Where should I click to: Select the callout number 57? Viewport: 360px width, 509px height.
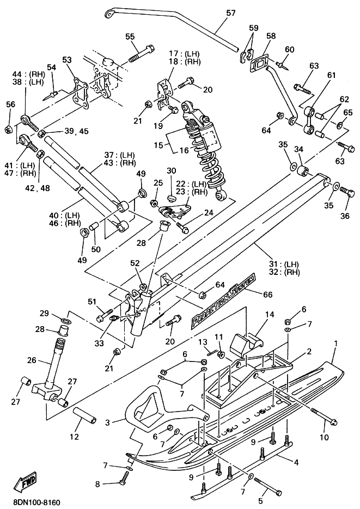pos(231,13)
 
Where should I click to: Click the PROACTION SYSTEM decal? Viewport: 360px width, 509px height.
pos(224,299)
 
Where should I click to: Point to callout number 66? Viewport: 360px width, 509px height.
pos(267,294)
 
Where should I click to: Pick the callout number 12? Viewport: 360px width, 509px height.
pos(74,437)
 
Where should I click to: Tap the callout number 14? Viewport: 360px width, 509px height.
pos(270,314)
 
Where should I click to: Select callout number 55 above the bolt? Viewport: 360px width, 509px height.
pos(130,36)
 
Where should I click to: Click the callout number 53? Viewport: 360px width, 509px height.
pos(67,60)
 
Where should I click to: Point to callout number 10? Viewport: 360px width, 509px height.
pos(324,437)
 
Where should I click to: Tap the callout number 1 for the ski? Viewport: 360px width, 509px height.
pos(336,343)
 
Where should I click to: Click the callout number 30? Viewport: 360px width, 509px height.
pos(172,171)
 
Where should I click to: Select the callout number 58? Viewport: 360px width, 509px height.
pos(271,36)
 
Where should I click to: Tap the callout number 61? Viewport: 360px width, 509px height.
pos(332,75)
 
